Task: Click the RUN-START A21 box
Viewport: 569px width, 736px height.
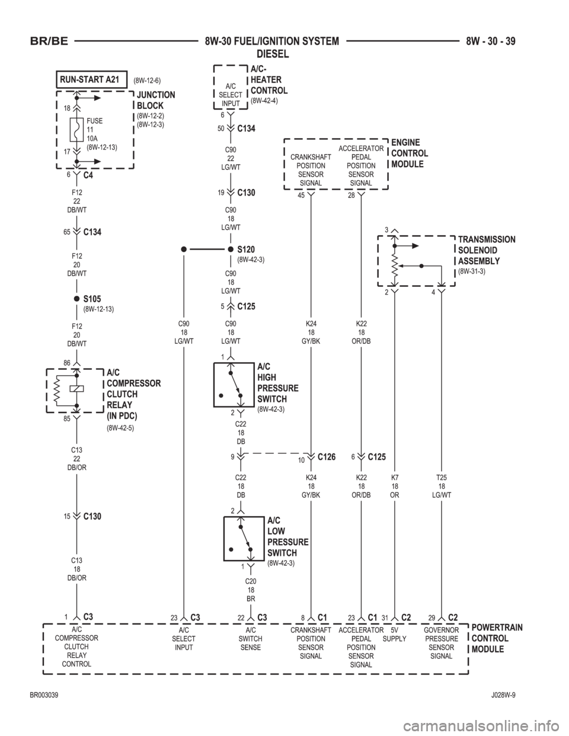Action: pos(92,78)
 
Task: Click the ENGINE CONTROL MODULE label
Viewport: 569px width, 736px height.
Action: pos(410,153)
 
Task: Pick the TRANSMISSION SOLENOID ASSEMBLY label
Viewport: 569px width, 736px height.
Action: pos(486,249)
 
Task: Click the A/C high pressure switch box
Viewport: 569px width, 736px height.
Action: pos(234,385)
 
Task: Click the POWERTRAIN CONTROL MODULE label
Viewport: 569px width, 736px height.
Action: pos(496,638)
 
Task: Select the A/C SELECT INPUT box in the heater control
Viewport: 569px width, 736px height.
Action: pos(230,94)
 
